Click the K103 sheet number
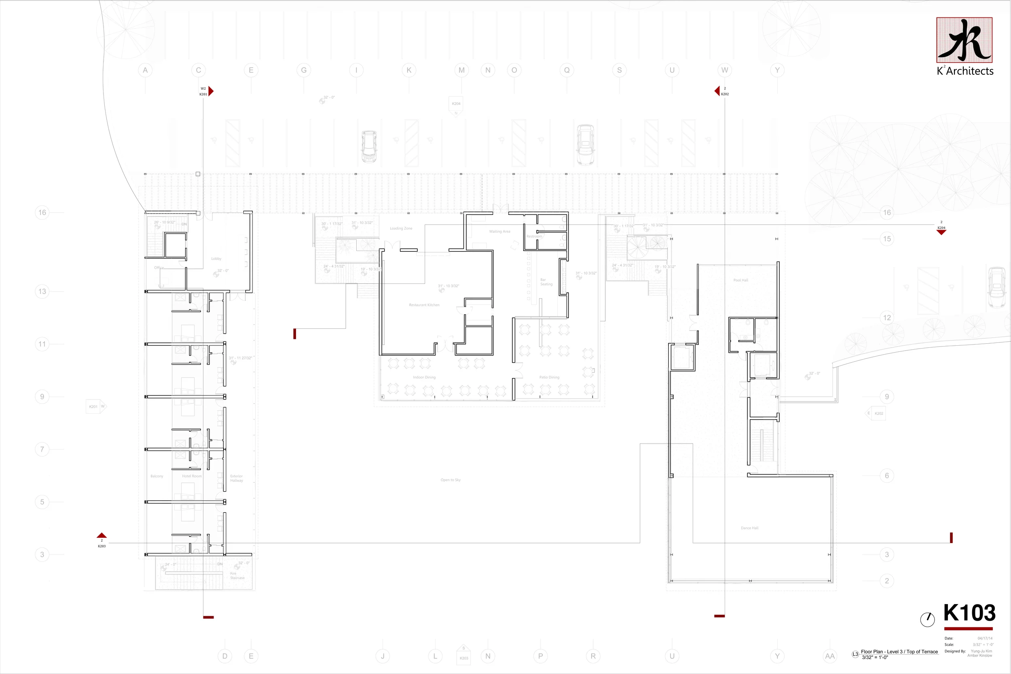969,613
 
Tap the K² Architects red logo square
964,40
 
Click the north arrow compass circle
927,619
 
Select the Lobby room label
216,259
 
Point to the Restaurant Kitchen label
424,305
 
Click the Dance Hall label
749,528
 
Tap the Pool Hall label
740,280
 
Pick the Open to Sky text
450,480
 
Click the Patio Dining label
549,377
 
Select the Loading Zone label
401,228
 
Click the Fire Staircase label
237,576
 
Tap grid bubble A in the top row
145,70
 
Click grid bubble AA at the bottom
829,656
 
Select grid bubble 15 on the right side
887,239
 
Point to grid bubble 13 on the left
42,292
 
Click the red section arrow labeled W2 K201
211,91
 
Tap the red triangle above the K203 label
102,536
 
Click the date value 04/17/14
985,638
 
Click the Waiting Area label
499,231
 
